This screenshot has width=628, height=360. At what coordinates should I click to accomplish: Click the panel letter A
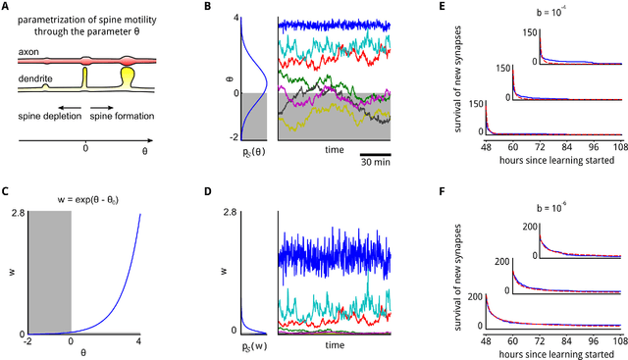point(6,6)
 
